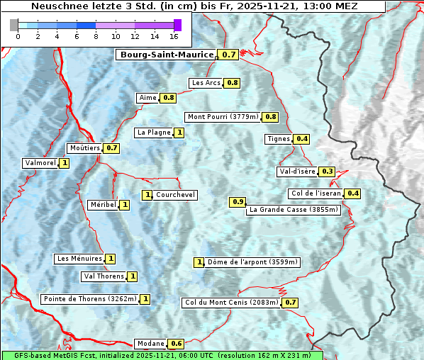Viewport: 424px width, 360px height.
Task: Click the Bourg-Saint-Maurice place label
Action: point(167,55)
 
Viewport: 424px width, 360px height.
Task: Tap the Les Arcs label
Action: point(206,83)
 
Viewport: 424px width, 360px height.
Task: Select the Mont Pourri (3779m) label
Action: point(223,117)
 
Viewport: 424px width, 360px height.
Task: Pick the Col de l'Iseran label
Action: point(316,193)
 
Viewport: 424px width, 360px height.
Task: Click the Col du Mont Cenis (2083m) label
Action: point(230,303)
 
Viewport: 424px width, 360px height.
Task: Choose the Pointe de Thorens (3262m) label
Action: point(89,299)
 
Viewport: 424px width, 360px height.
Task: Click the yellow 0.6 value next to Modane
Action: point(177,344)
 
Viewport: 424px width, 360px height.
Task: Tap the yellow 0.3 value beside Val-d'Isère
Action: point(327,171)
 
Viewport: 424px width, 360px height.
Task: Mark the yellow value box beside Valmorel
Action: point(65,163)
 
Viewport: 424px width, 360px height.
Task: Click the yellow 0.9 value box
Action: point(238,202)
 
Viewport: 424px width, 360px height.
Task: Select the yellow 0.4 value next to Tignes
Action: point(302,139)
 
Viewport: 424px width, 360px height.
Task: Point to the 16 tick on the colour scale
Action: point(174,36)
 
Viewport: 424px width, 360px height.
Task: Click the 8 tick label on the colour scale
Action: point(96,36)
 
